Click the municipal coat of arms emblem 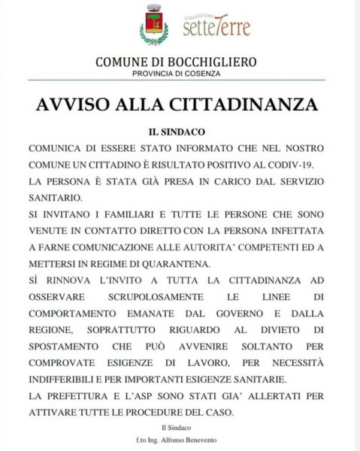tap(154, 25)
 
